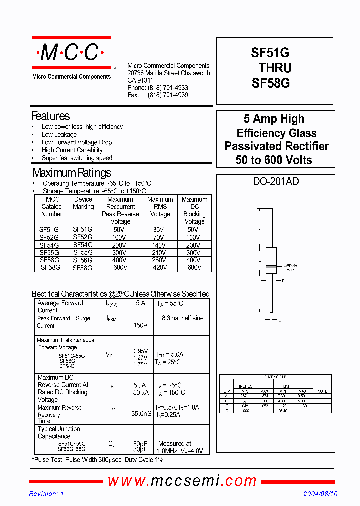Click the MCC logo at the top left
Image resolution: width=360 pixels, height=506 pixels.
(71, 52)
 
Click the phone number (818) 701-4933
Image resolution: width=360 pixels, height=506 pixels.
(168, 88)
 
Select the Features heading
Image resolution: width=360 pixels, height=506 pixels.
(51, 116)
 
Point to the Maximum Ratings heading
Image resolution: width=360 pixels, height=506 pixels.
(72, 173)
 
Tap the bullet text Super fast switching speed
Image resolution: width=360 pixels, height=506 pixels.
(77, 158)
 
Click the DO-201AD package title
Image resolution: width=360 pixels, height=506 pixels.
(276, 182)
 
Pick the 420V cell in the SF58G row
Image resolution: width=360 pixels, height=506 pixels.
(160, 268)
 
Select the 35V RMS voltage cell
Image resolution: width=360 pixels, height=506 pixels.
(160, 230)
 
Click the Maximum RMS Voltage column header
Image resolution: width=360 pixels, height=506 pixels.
(160, 207)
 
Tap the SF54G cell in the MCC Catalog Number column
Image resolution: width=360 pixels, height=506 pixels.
(49, 245)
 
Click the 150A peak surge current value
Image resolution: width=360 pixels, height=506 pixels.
(140, 325)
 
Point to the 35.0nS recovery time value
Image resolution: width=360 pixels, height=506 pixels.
(141, 414)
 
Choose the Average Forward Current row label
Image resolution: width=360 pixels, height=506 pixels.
(60, 306)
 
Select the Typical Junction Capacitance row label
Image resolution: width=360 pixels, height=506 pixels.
(59, 432)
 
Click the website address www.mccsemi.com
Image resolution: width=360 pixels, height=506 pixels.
(182, 481)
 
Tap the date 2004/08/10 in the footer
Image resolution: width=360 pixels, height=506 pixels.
(320, 494)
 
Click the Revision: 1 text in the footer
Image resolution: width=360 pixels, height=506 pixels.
(47, 494)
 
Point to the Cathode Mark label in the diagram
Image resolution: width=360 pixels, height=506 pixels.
(290, 267)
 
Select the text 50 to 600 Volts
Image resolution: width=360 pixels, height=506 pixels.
(274, 160)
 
